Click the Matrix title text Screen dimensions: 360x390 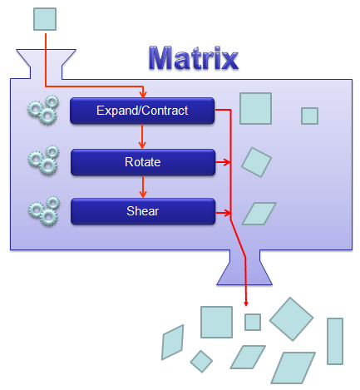click(194, 58)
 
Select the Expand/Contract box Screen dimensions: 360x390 click(142, 111)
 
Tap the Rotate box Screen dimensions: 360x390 click(143, 162)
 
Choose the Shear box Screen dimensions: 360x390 click(143, 211)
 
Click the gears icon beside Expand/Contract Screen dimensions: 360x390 click(43, 110)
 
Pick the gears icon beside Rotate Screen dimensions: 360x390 click(44, 160)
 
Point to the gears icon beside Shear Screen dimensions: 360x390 click(44, 211)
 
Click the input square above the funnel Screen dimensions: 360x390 click(45, 19)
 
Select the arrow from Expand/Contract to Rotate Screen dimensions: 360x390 click(142, 136)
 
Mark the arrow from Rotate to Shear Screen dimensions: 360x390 click(143, 187)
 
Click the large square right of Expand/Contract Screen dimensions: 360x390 click(255, 108)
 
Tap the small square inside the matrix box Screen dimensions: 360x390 click(309, 116)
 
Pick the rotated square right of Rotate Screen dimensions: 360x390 click(256, 162)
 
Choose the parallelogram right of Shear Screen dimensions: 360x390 click(259, 214)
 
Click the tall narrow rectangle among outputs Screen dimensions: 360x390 click(335, 341)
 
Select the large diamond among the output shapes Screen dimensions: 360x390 click(291, 319)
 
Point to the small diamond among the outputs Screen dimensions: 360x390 click(201, 362)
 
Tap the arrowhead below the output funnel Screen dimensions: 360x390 click(246, 304)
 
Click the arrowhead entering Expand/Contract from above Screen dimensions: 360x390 click(143, 95)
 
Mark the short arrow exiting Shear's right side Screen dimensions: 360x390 click(223, 213)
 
